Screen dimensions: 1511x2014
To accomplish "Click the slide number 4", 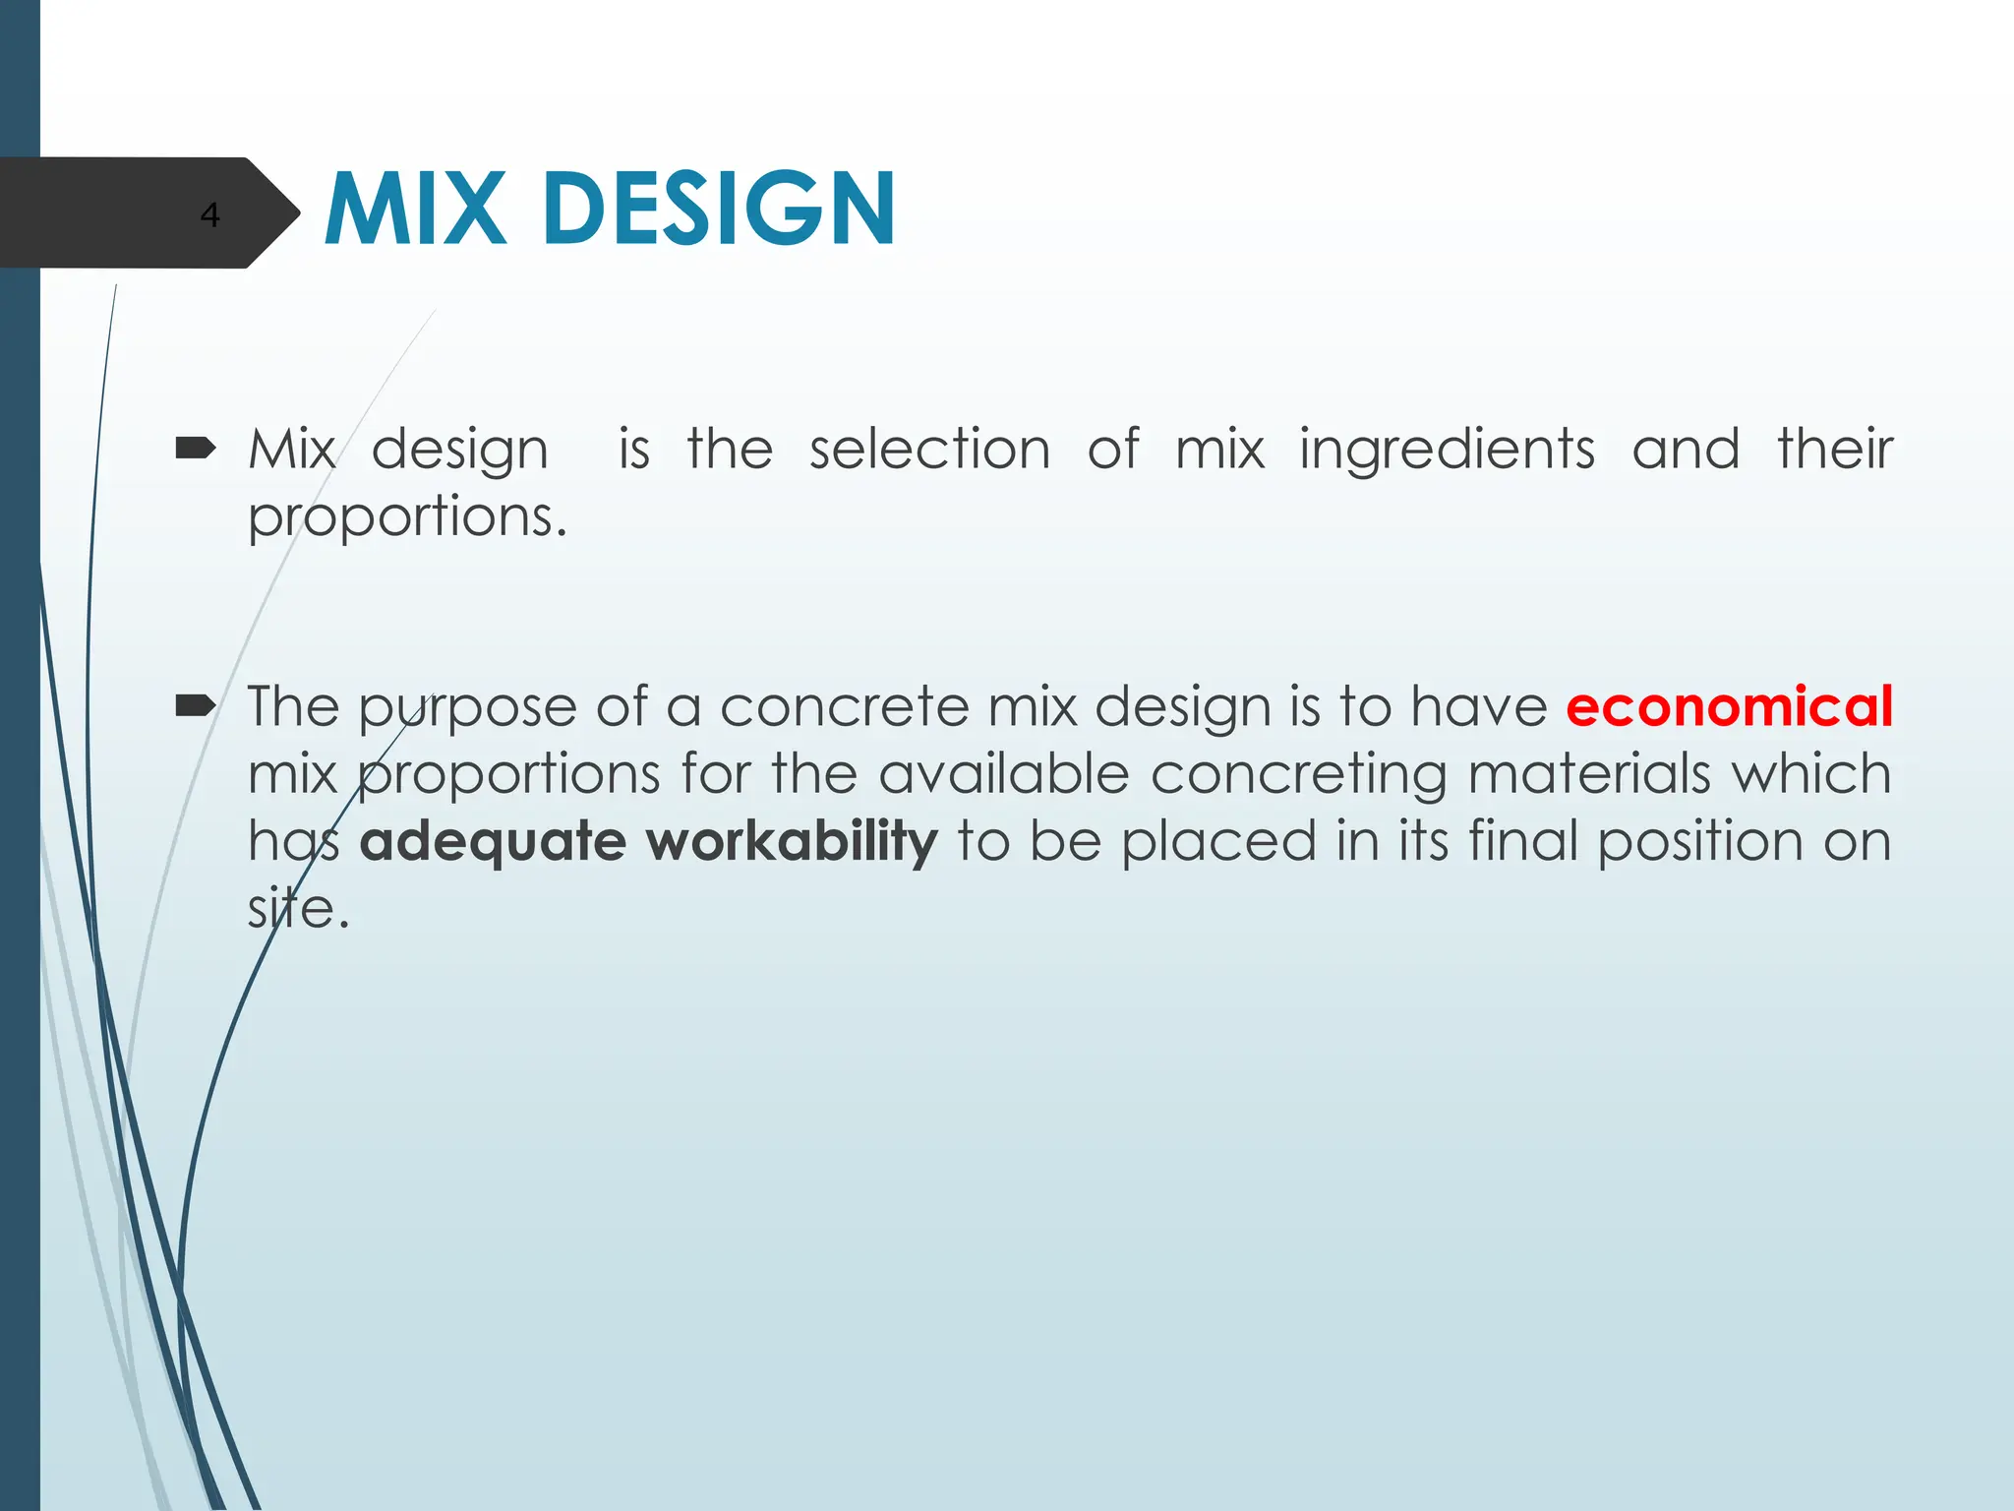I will click(209, 214).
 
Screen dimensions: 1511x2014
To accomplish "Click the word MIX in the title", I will click(416, 209).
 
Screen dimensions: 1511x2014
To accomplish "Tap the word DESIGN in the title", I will click(718, 209).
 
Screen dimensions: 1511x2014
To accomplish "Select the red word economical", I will click(1729, 706).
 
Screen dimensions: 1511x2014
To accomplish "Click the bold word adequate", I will click(493, 842).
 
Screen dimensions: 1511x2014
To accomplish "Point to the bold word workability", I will click(792, 842).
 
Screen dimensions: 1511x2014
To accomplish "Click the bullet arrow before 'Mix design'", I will click(196, 450).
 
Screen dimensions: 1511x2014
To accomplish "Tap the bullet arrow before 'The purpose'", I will click(196, 705).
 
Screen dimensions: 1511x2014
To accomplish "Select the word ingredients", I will click(1447, 452).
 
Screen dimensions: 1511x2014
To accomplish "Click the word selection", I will click(929, 450).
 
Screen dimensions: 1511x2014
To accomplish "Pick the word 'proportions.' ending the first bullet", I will click(407, 517).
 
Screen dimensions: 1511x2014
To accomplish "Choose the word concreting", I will click(1298, 775).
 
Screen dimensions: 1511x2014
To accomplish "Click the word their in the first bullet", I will click(1834, 450).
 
